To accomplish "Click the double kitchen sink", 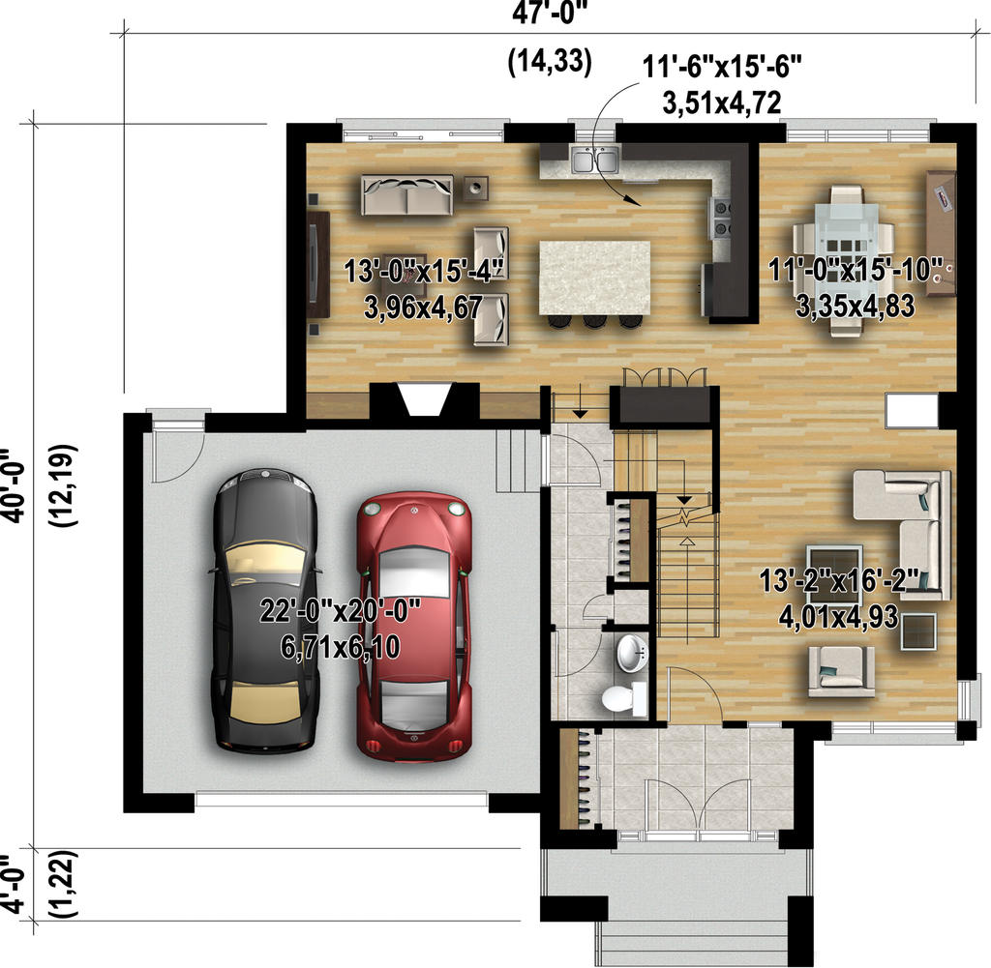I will (594, 159).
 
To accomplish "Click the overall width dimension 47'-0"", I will (549, 14).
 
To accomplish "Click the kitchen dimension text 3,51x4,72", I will (722, 103).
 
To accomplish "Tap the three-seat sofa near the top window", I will (406, 195).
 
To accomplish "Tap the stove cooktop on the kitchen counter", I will (721, 217).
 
